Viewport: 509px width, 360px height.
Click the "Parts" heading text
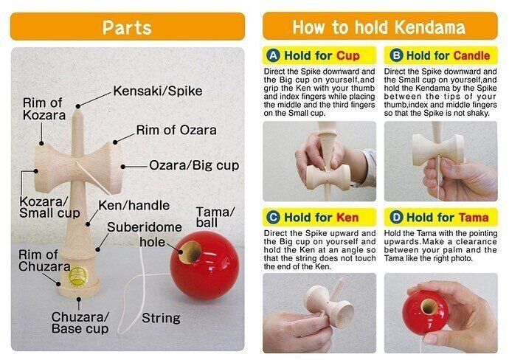coord(127,27)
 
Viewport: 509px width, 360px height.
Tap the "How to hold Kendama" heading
coord(379,27)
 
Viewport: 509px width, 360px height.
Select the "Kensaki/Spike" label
coord(158,91)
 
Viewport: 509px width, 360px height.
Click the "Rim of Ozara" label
coord(176,130)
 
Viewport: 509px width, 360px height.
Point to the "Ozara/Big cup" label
coord(194,165)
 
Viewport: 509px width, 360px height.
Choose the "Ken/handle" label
coord(134,206)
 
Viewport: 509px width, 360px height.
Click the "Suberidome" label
coord(145,227)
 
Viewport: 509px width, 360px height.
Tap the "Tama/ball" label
coord(215,217)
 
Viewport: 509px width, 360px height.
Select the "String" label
coord(161,318)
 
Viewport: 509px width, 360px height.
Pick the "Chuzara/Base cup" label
coord(80,322)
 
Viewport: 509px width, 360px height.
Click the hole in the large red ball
coord(190,252)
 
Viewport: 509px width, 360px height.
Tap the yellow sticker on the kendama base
coord(78,276)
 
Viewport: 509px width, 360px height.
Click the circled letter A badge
coord(274,55)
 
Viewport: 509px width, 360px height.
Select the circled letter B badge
coord(396,55)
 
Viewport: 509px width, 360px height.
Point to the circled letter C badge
coord(274,217)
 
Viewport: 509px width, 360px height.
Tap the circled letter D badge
coord(396,217)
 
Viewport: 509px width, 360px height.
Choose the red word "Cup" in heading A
coord(348,55)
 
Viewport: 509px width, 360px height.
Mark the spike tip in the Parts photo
coord(78,111)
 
